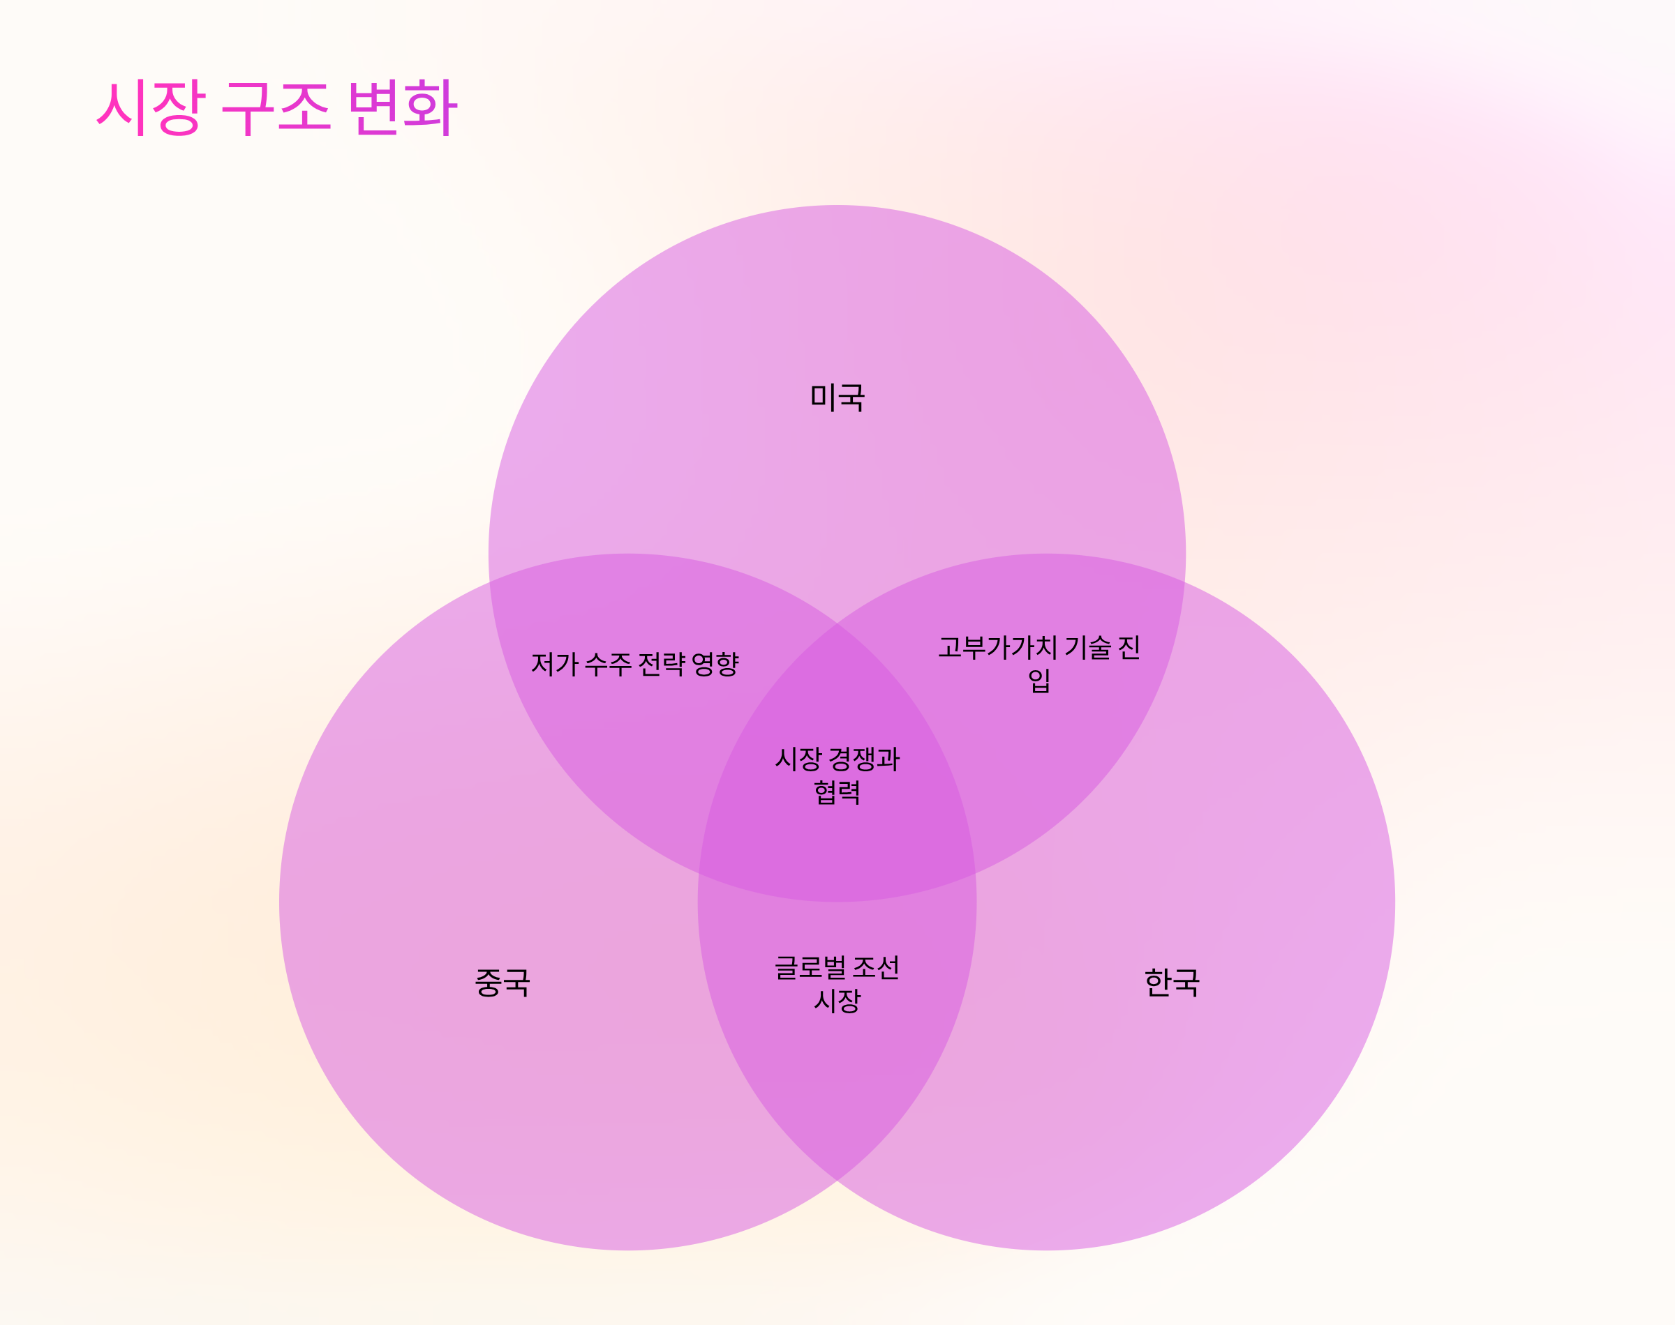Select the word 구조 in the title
tap(276, 108)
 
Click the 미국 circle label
tap(837, 398)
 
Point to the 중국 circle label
tap(502, 983)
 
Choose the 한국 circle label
tap(1172, 983)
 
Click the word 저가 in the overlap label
tap(554, 664)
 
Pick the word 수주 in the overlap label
tap(608, 664)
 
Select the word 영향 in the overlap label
tap(715, 664)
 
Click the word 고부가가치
tap(997, 647)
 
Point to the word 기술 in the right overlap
tap(1087, 647)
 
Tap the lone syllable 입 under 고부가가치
tap(1039, 681)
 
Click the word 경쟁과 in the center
tap(864, 759)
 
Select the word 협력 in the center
tap(837, 792)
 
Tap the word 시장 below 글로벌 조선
tap(837, 1001)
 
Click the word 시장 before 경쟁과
tap(798, 759)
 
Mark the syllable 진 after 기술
tap(1129, 647)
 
